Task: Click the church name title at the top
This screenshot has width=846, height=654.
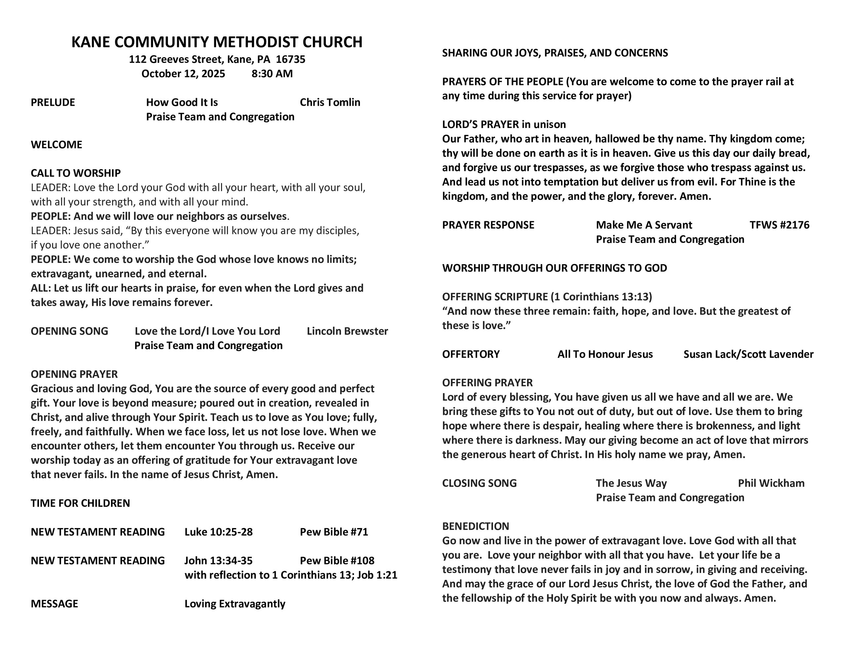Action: (217, 42)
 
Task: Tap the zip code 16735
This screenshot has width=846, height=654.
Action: (290, 59)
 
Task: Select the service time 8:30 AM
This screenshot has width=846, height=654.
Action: (272, 74)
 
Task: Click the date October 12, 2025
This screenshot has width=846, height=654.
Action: (183, 74)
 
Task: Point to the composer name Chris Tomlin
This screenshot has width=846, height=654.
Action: (330, 102)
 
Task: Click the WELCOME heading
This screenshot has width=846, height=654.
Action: (57, 144)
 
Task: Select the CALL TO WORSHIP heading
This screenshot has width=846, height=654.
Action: (76, 173)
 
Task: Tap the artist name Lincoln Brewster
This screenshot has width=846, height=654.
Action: (347, 331)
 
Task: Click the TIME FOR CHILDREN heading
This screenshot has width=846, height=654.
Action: (81, 503)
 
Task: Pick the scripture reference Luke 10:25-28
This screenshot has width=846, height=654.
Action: (218, 532)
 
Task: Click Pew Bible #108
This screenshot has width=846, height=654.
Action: (337, 560)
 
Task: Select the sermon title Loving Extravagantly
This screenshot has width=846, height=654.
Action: (235, 604)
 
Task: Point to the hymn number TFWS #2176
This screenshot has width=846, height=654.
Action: (779, 225)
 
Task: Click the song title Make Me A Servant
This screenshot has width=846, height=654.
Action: (644, 225)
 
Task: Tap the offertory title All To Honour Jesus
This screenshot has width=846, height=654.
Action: (605, 354)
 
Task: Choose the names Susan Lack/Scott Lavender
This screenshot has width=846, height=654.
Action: (749, 354)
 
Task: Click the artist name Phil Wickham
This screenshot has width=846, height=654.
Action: (771, 483)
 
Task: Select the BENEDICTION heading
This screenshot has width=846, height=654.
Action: (476, 526)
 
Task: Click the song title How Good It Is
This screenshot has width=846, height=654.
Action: (182, 102)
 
